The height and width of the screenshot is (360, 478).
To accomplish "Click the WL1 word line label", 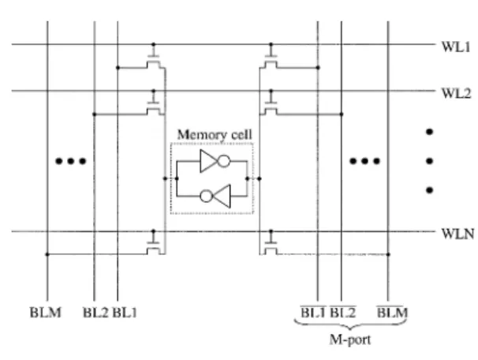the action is (456, 47).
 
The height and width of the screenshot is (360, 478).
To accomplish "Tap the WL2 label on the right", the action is (456, 93).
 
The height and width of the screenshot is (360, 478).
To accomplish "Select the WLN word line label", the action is (457, 234).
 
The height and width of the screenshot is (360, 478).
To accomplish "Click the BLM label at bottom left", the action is (46, 313).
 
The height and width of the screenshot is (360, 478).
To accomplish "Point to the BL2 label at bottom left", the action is (95, 313).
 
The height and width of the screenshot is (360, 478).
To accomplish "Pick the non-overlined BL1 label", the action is (125, 313).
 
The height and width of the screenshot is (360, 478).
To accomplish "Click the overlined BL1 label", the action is (313, 312).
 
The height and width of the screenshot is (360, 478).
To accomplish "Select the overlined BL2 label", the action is (343, 312).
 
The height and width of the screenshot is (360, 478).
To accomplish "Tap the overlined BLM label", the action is (392, 312).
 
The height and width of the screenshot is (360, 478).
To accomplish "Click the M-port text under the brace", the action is (350, 339).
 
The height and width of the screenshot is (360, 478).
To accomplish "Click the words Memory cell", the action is (215, 135).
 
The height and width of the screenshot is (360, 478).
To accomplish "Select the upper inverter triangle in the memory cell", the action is (209, 161).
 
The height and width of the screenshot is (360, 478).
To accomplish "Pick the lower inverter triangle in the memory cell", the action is (221, 196).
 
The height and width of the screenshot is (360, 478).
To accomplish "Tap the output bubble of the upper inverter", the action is (224, 161).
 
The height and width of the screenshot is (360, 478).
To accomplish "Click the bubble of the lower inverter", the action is (206, 196).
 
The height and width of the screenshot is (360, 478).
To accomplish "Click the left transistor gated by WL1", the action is (153, 62).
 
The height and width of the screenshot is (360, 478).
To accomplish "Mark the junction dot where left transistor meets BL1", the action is (118, 68).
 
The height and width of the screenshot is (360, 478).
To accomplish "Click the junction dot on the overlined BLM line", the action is (388, 254).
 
